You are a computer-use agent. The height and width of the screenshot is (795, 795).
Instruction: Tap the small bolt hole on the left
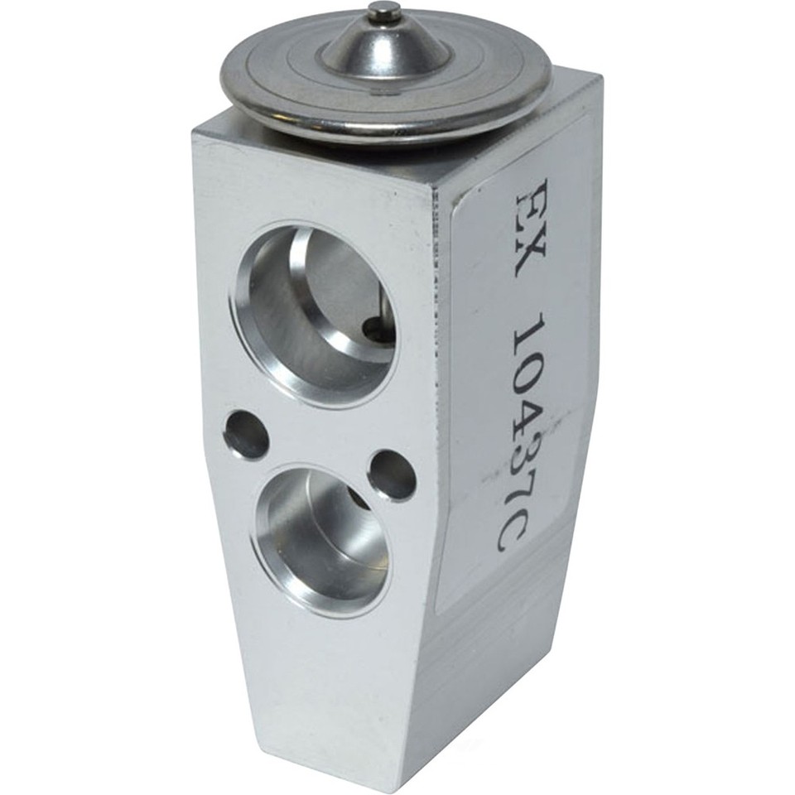click(x=247, y=433)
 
